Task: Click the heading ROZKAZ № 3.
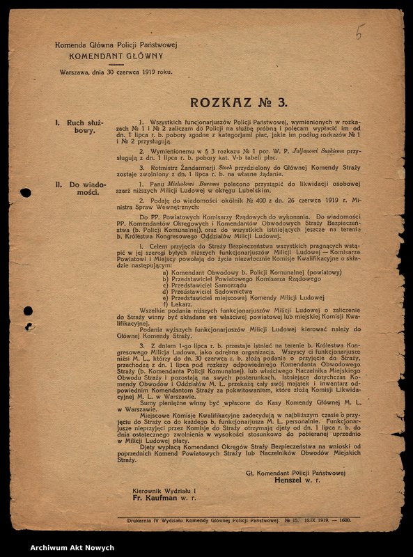(238, 102)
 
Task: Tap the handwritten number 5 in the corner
(359, 31)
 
